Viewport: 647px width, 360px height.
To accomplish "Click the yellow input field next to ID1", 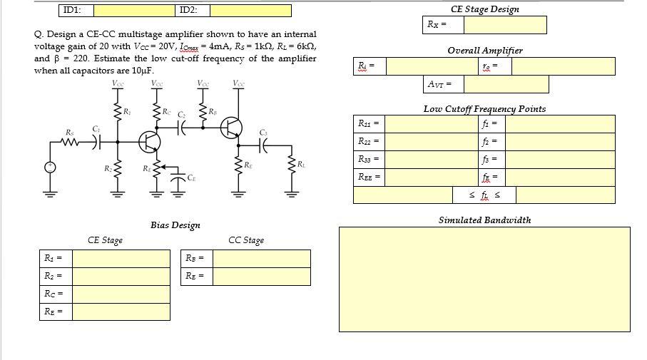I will [x=133, y=11].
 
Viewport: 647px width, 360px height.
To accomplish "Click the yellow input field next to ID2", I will [x=250, y=11].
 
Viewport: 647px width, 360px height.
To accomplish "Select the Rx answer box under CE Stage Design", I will [x=504, y=25].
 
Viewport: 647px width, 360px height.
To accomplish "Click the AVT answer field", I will [x=506, y=85].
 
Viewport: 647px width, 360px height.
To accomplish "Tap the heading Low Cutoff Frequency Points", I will [x=484, y=109].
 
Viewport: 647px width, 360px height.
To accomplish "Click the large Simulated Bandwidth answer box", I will [x=484, y=279].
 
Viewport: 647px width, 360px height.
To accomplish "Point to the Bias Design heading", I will [x=175, y=225].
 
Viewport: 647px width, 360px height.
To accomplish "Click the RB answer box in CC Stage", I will [x=262, y=258].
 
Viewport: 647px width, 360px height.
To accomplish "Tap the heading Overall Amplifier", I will [x=484, y=51].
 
